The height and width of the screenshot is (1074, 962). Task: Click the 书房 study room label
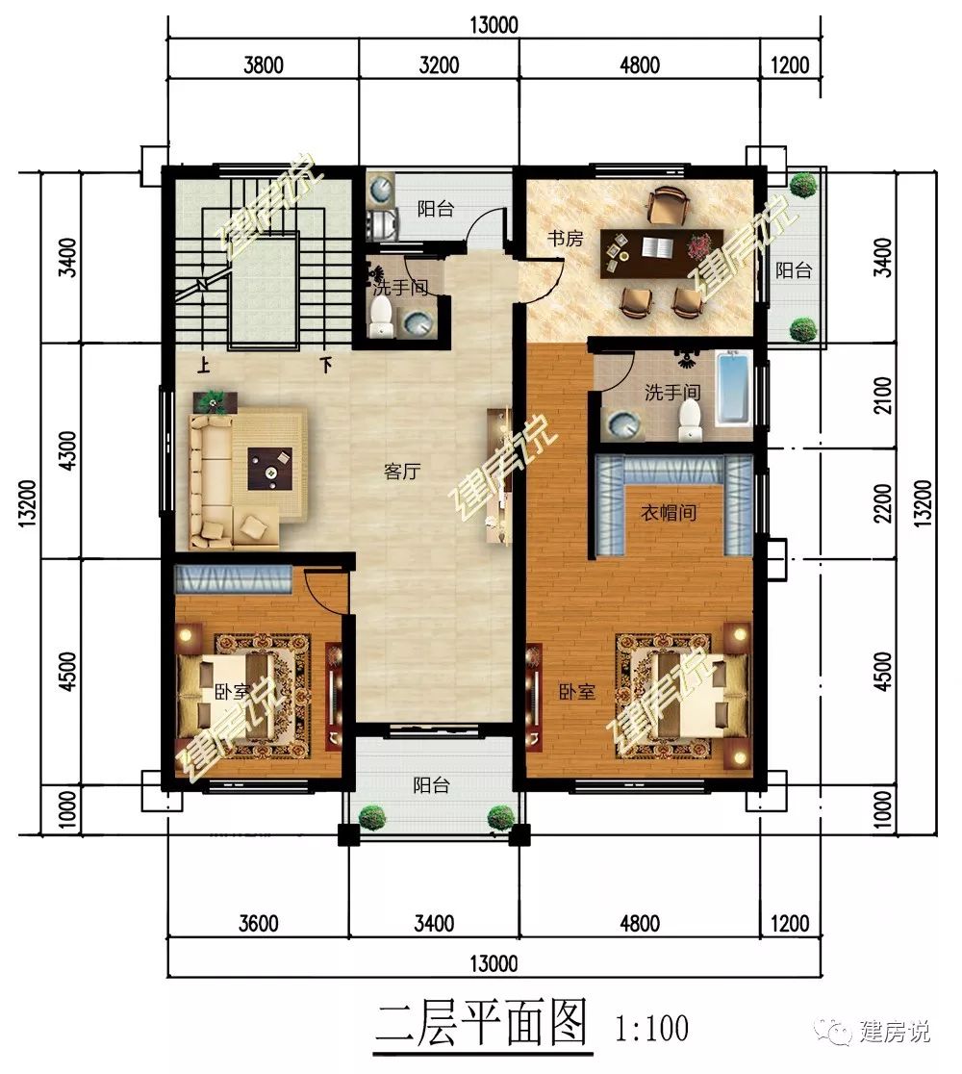coord(565,239)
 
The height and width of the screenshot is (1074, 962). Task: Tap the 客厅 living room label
coord(402,472)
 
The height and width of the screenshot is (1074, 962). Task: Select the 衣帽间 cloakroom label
coord(669,512)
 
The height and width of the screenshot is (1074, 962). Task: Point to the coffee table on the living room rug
coord(269,469)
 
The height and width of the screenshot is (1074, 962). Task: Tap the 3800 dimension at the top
coord(264,65)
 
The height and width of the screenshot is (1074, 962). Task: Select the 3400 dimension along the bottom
coord(434,923)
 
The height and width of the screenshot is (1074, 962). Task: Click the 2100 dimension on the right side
coord(884,396)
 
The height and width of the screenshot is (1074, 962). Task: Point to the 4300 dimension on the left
coord(67,450)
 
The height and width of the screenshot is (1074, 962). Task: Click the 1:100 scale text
coord(651,1028)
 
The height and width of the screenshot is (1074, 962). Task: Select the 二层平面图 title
coord(482,1025)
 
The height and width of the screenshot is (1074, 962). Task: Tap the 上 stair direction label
coord(203,365)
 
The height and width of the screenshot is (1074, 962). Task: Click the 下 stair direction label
coord(326,365)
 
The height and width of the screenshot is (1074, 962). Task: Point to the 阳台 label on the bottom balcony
coord(431,785)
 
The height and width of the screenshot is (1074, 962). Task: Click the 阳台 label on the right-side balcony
coord(794,270)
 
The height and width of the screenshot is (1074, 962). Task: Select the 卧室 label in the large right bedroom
coord(577,692)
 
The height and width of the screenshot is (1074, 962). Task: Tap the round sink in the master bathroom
coord(622,424)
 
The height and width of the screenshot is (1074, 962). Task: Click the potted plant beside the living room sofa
coord(215,402)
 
